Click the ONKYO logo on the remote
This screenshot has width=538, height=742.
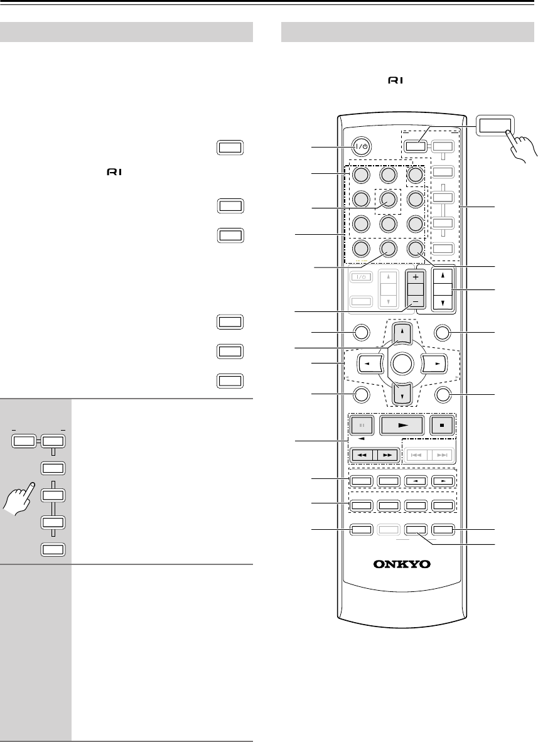pos(403,564)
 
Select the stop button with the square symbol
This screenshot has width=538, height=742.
pos(442,424)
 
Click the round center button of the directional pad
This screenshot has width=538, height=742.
pos(402,363)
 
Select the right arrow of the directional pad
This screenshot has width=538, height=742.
pos(434,363)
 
